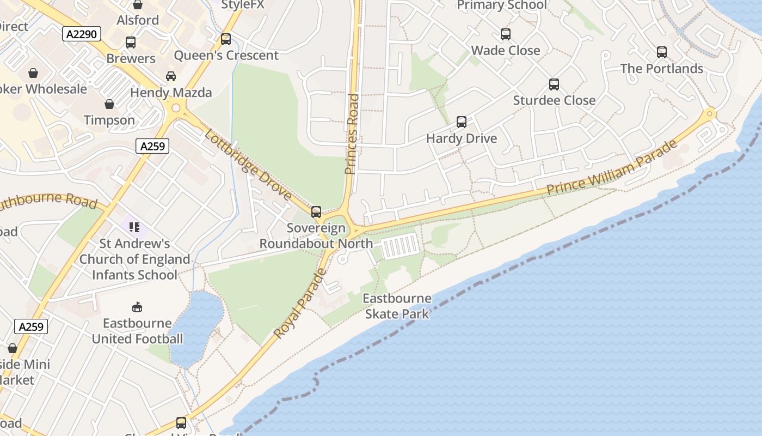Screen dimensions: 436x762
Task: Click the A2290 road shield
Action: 82,34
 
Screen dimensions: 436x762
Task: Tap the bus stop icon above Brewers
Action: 131,43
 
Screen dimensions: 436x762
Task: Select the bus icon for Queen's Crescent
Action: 226,39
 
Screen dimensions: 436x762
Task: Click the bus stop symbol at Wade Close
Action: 506,34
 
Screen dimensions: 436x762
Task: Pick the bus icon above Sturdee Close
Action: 554,84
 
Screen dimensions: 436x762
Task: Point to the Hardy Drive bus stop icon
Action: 462,122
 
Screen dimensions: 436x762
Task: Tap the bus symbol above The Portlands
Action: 662,52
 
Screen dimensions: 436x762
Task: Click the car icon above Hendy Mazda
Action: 171,76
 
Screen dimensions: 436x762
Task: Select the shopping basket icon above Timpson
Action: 109,104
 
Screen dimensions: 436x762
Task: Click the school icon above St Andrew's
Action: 134,227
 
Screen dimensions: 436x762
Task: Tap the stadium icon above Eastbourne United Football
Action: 137,307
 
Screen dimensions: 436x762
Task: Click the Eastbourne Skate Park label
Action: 397,306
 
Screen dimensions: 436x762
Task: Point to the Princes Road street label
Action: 352,134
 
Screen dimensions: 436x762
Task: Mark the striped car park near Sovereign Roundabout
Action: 401,246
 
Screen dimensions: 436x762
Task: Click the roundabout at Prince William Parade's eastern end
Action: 709,114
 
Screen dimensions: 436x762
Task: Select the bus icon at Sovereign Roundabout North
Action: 316,212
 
